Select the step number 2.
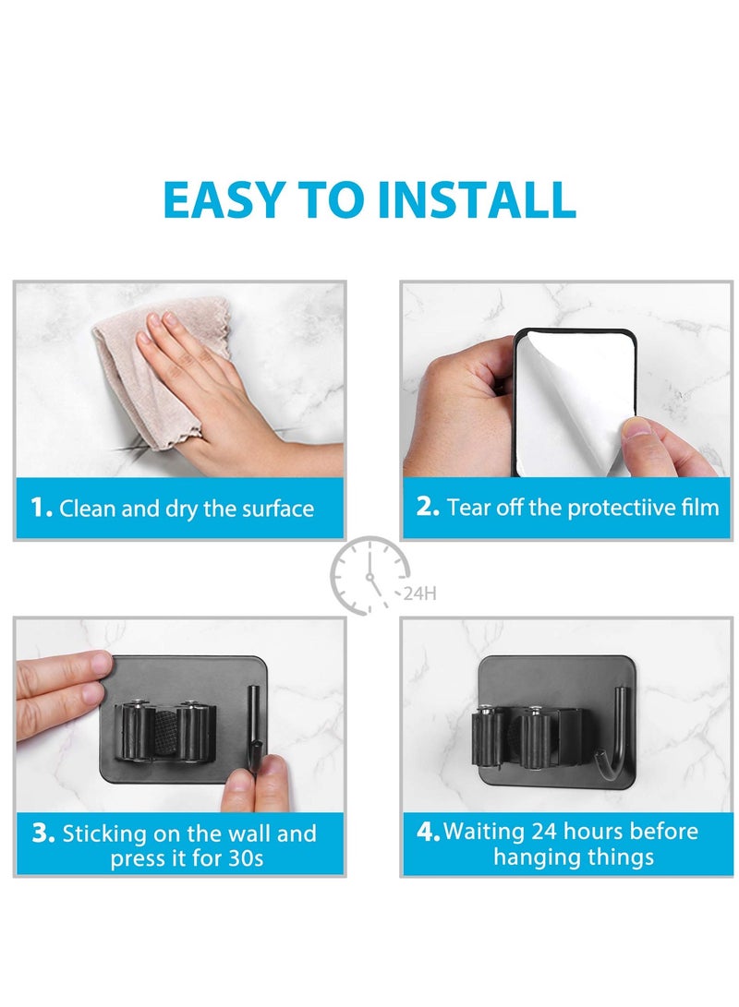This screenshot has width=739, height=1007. pos(427,506)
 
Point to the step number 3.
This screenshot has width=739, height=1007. pos(43,833)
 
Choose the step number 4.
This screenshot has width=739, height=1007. pos(428,831)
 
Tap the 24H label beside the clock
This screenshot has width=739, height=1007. pos(419,593)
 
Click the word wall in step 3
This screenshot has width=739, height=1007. pos(247,833)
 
